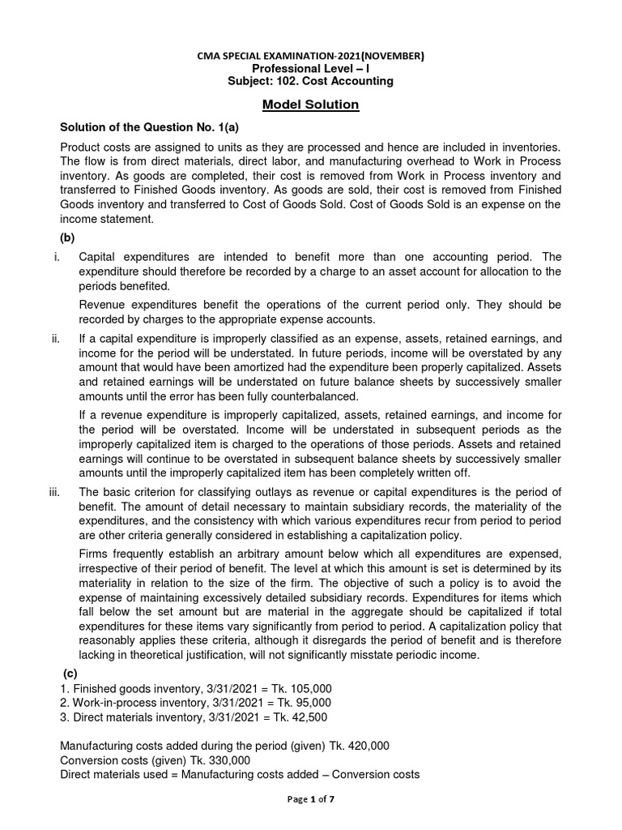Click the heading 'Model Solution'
pos(311,105)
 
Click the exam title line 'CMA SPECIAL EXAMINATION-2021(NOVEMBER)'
pos(311,56)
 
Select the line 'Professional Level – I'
pos(311,69)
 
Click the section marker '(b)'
pos(70,237)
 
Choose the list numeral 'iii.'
pos(55,494)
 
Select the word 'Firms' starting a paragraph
pos(94,554)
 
